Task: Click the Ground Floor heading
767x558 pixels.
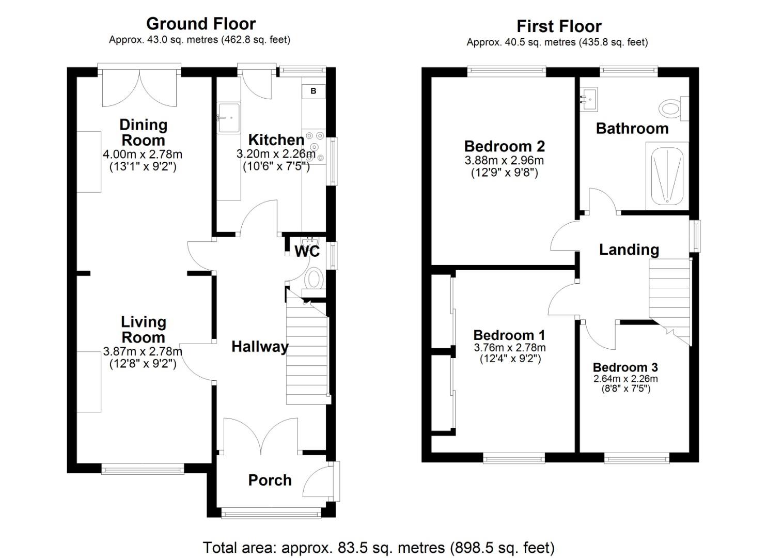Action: coord(200,24)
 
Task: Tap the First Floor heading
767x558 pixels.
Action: coord(559,26)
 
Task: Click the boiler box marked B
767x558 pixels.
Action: coord(313,91)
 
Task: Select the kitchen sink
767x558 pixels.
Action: coord(229,118)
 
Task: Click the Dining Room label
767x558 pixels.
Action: coord(143,132)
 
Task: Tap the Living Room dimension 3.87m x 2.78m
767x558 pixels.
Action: coord(143,352)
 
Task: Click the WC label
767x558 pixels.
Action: coord(307,252)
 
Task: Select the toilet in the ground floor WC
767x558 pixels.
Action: coord(313,279)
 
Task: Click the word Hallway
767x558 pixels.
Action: coord(259,347)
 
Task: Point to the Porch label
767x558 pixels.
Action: coord(270,480)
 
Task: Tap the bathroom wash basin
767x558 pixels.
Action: coord(589,99)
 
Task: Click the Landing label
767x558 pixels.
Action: coord(629,250)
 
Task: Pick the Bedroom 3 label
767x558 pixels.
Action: coord(625,367)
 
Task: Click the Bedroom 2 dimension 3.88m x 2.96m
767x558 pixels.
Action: coord(504,161)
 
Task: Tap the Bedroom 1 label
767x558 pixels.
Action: coord(509,335)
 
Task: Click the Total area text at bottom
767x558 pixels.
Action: coord(379,548)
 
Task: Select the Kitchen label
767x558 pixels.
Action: coord(276,139)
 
